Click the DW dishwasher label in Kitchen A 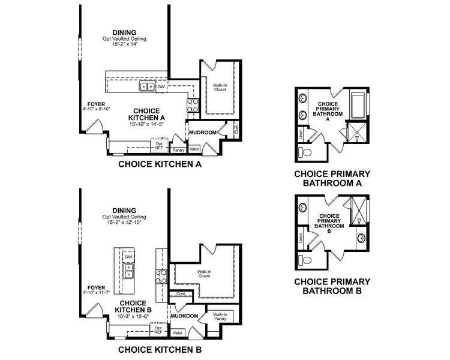161,87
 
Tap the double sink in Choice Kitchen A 146,87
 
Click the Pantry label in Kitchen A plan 178,149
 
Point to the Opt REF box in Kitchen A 160,146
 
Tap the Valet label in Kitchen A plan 194,149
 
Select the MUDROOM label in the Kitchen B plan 184,316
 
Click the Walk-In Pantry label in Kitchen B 220,316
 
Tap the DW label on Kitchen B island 128,257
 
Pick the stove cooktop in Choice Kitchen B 161,276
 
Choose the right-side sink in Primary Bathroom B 361,238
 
